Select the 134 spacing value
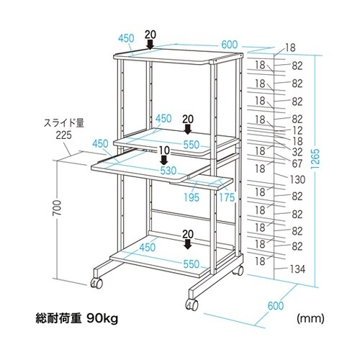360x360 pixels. tap(297, 269)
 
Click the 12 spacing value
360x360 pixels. tap(297, 130)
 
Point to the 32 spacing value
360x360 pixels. tap(297, 153)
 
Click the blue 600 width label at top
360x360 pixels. tap(230, 45)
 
